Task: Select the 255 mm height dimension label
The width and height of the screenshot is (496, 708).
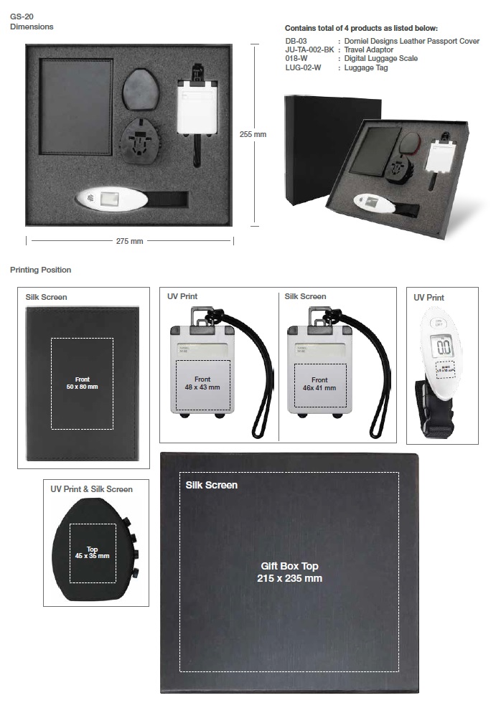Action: pos(252,134)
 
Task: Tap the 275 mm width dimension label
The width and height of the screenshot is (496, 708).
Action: pos(130,241)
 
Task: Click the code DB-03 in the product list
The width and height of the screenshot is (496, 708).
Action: pos(296,42)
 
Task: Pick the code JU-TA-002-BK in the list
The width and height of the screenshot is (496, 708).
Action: pos(309,50)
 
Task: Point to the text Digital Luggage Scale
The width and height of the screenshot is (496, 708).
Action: pos(380,59)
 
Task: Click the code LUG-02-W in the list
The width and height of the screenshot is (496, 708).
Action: pos(303,67)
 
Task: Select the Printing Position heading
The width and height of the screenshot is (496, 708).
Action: pos(40,270)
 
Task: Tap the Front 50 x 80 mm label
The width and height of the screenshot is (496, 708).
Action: pos(82,383)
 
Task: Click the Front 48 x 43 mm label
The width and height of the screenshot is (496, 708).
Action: pos(202,383)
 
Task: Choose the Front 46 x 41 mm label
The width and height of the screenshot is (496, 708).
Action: pos(319,384)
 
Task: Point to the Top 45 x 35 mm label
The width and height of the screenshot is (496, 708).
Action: pos(93,552)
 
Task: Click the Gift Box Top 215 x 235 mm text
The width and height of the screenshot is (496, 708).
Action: pos(289,572)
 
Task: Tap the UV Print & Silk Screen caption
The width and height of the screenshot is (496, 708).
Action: pos(91,489)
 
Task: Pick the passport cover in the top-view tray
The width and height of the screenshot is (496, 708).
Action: pos(75,108)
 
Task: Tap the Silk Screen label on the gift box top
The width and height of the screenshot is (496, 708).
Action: pos(211,485)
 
